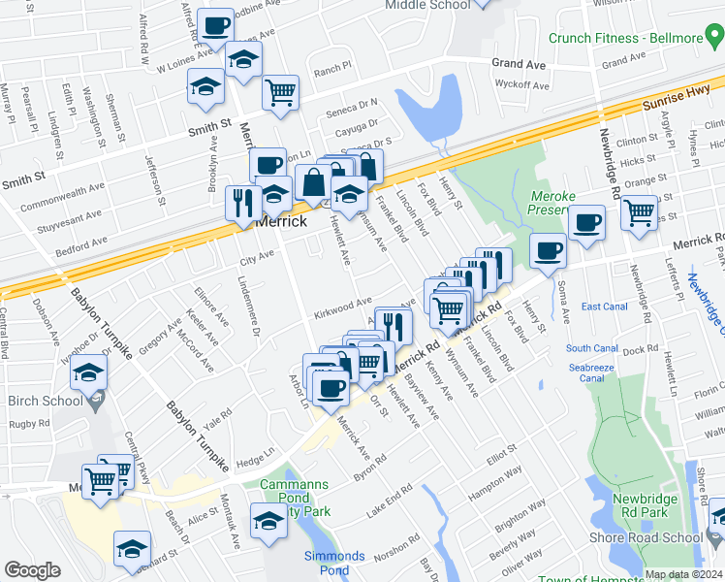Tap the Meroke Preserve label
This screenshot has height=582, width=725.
553,202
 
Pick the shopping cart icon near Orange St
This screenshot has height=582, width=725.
639,212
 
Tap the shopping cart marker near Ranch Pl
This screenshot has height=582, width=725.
280,93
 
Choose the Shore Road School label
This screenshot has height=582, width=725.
647,538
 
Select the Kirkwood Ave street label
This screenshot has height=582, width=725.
342,309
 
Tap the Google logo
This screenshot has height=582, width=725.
32,570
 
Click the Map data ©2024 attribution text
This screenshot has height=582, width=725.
683,574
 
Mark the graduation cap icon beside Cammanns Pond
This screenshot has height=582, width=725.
268,522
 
